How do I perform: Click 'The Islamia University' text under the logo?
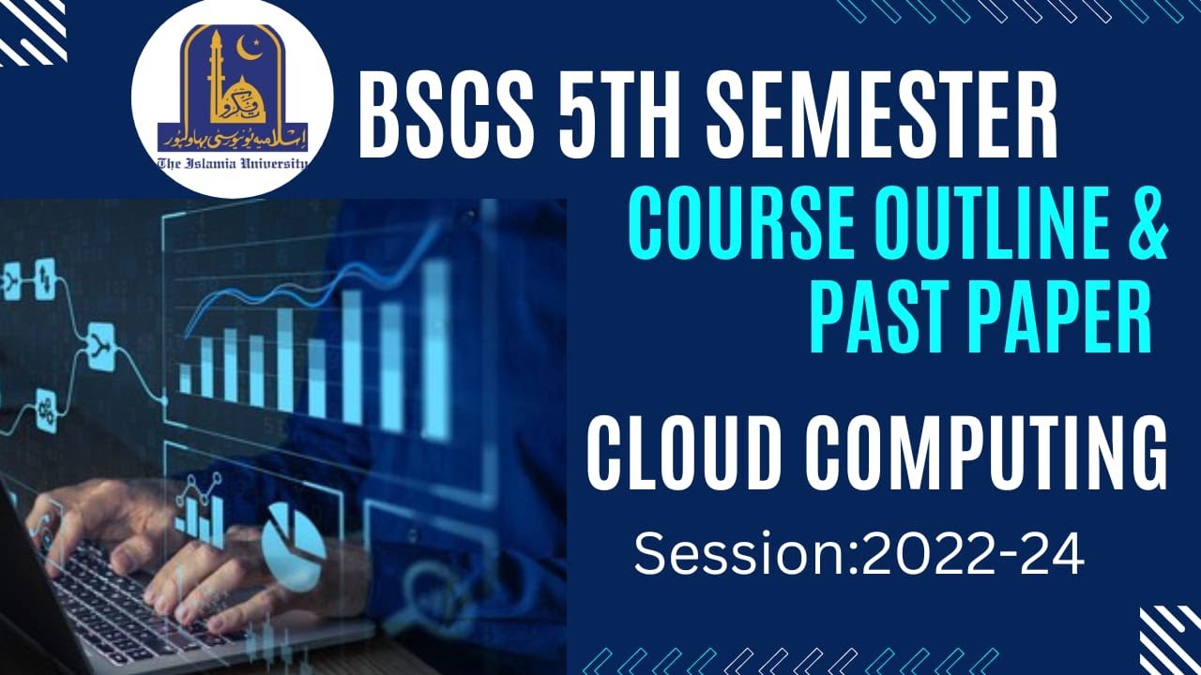tap(232, 163)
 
